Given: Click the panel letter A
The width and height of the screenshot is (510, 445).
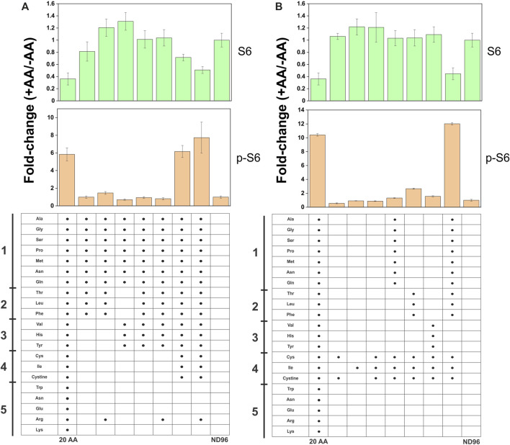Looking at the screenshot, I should [x=25, y=7].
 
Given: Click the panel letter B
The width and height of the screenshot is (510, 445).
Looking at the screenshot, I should [x=277, y=7].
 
